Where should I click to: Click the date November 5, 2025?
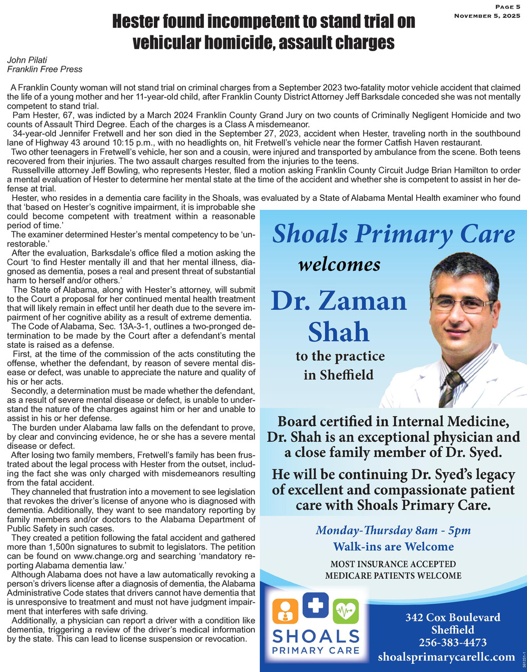[x=487, y=16]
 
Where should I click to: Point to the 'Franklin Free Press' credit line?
[x=44, y=69]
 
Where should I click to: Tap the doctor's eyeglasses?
[x=461, y=304]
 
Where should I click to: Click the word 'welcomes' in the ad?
[x=339, y=264]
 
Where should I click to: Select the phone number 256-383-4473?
[x=453, y=642]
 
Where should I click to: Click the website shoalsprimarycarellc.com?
[x=446, y=657]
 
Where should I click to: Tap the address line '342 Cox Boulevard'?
[x=453, y=617]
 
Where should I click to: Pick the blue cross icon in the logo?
[x=316, y=606]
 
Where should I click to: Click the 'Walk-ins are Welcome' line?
[x=393, y=547]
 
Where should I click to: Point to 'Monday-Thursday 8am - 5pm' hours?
[x=393, y=530]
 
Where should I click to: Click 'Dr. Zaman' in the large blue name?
[x=339, y=301]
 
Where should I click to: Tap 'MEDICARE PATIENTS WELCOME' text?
[x=393, y=575]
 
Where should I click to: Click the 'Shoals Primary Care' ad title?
[x=393, y=233]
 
